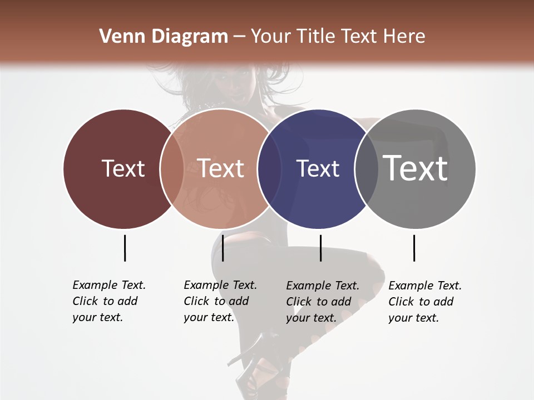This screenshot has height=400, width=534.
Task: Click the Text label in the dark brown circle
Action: [123, 168]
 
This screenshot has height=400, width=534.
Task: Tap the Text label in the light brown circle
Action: [221, 168]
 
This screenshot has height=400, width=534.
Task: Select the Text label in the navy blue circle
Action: [318, 168]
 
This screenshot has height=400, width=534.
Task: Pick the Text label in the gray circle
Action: [416, 168]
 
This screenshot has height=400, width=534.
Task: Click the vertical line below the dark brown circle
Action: [125, 248]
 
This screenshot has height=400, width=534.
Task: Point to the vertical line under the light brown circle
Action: [222, 248]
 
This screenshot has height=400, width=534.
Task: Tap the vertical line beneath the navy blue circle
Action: [320, 248]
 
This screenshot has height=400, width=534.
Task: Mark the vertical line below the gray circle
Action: [414, 248]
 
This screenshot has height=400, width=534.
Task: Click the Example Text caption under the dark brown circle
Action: [108, 301]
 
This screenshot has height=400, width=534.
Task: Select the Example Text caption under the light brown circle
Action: [220, 301]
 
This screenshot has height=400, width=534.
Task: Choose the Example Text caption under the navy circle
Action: [322, 302]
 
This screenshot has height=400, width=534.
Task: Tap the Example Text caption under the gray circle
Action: [424, 302]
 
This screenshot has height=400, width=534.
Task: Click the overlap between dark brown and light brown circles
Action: [172, 168]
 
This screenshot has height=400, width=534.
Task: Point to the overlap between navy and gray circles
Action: [367, 168]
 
